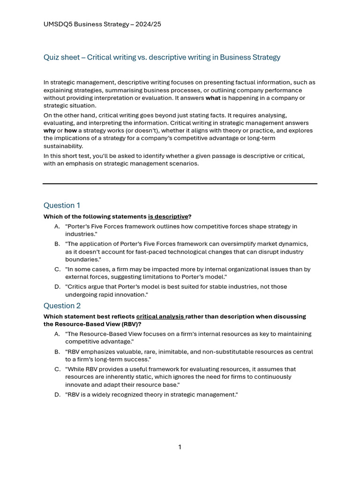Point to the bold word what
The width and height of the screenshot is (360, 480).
[x=213, y=98]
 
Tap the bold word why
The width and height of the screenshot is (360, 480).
[x=49, y=131]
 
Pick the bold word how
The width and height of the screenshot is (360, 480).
[x=71, y=131]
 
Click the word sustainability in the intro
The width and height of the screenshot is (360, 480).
[x=63, y=146]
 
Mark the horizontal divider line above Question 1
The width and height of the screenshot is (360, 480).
[x=180, y=184]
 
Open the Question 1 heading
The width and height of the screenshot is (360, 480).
[x=62, y=205]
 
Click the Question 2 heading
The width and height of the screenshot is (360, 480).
[x=62, y=306]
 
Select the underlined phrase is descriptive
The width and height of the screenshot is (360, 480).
[x=168, y=217]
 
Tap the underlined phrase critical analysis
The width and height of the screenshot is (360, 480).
[x=160, y=317]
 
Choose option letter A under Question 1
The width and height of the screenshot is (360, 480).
[x=57, y=226]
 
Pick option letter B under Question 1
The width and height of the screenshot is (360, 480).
[x=57, y=244]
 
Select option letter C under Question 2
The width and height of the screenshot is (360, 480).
[x=57, y=369]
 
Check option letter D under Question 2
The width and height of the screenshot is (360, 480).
[x=57, y=395]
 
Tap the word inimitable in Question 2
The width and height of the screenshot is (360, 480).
[x=159, y=352]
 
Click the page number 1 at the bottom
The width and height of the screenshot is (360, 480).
[x=180, y=447]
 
